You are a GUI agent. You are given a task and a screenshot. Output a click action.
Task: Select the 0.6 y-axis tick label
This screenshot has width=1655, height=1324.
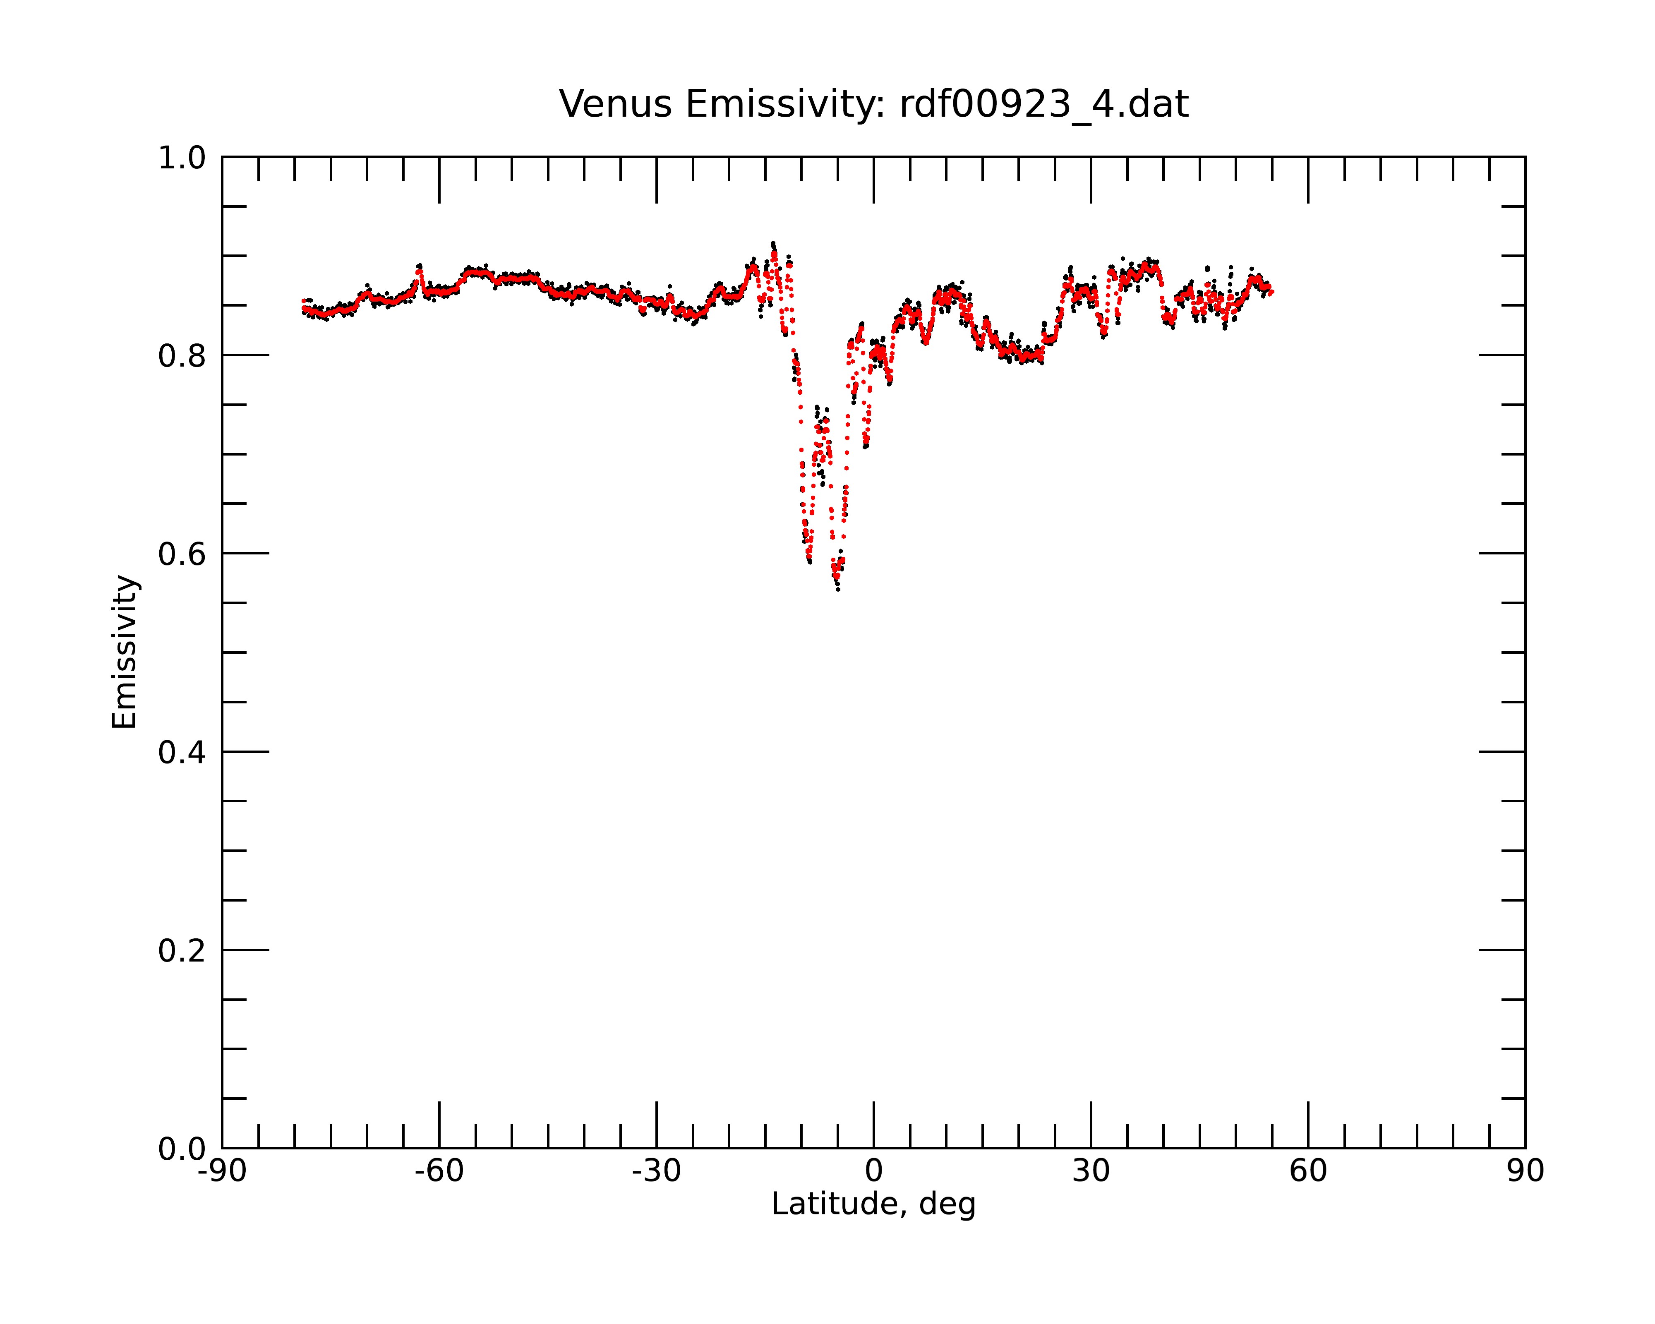182,554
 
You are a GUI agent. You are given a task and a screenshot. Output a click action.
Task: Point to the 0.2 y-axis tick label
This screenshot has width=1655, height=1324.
182,951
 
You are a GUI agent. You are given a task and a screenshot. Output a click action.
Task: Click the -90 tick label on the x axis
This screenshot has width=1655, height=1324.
222,1171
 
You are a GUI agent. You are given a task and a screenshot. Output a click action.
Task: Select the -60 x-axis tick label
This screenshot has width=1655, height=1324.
439,1171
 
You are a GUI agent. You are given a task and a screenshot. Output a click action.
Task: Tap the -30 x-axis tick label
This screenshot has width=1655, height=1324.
656,1171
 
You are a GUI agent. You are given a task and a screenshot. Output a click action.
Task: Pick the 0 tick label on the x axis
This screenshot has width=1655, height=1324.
873,1171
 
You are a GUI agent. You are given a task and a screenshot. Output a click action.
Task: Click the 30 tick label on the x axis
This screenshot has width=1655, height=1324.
1091,1171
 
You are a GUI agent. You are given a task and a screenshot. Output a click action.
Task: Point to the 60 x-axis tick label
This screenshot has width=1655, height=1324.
1308,1171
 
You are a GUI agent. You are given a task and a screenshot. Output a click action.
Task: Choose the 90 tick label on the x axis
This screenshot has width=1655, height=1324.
1525,1171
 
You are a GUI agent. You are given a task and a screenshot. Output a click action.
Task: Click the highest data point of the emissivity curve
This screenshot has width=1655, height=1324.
773,243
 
